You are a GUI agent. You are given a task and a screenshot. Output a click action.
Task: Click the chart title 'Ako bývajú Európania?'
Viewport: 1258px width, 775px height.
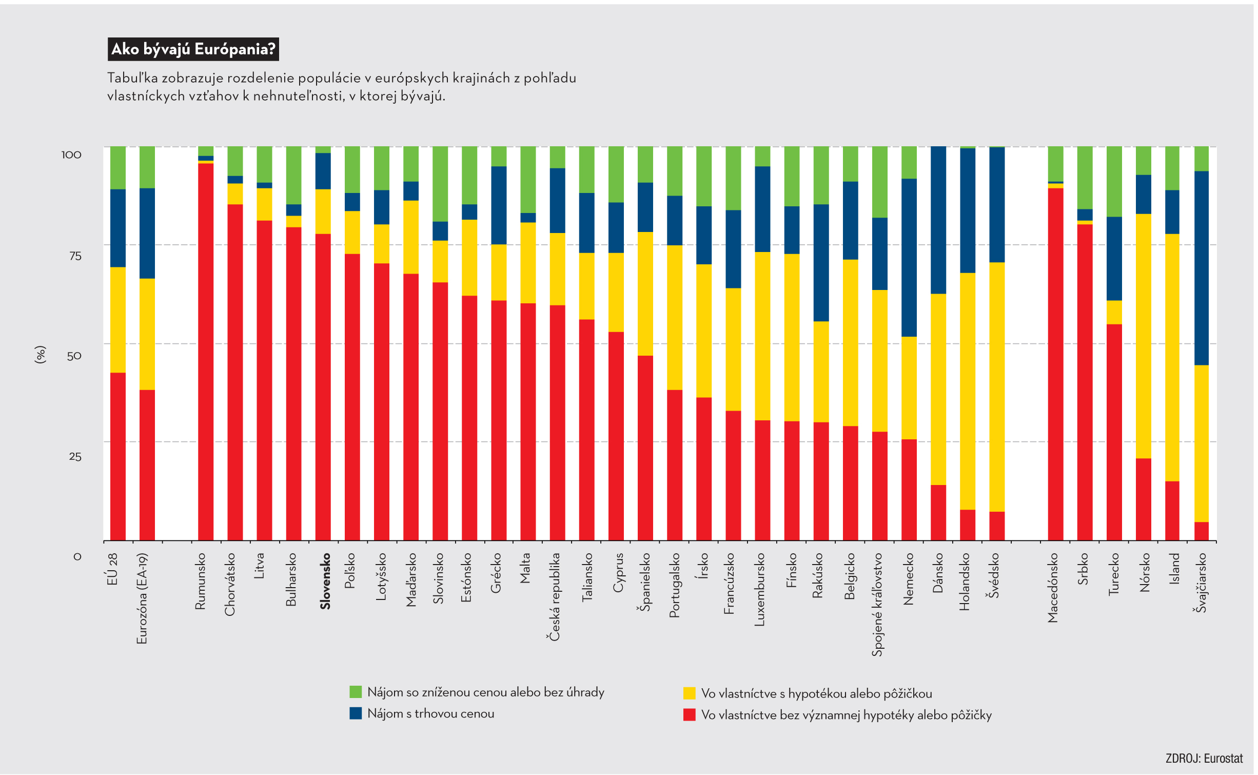click(193, 49)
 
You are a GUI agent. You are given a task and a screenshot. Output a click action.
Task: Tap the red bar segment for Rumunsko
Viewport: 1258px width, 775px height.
click(206, 352)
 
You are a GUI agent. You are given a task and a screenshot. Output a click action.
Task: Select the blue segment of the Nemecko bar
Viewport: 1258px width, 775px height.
click(909, 258)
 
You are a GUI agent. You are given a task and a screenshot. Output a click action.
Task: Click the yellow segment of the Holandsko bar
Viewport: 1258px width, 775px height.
click(968, 391)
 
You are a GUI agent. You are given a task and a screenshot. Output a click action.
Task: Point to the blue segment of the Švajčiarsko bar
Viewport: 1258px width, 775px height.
click(1202, 268)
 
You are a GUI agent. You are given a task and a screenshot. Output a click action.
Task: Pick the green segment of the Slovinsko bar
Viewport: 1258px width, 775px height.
click(440, 184)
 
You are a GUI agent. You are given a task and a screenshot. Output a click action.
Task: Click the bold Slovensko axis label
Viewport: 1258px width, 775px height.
click(325, 581)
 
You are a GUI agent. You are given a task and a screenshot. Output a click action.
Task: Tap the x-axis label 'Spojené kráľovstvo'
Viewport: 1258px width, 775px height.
click(877, 605)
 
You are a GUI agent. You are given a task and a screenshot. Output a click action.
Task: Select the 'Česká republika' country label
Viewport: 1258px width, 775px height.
click(555, 597)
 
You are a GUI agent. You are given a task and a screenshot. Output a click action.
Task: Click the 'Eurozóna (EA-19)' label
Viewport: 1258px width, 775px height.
click(142, 598)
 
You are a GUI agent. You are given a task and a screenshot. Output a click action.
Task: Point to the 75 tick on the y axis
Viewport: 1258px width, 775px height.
click(75, 256)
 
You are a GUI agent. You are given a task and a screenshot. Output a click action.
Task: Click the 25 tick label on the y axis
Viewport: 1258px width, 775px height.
click(75, 456)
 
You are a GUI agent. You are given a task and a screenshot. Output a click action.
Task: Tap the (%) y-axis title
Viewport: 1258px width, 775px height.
click(40, 355)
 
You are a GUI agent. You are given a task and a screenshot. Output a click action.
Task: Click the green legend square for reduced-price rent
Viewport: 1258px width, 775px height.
click(356, 692)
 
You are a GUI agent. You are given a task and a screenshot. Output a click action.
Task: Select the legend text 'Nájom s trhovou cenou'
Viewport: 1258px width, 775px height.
click(430, 713)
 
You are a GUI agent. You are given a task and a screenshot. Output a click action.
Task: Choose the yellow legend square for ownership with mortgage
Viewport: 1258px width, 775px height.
click(689, 693)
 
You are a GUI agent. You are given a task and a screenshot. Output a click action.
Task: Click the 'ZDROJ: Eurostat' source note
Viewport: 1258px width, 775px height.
click(1204, 759)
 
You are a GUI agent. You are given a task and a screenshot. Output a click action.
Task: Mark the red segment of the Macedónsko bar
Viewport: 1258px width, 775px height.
click(1055, 364)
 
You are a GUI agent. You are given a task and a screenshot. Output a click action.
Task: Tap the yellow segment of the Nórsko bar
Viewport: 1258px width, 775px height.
click(1144, 336)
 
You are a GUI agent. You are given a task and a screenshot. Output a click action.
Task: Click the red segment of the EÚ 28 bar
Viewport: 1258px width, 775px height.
click(118, 457)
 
